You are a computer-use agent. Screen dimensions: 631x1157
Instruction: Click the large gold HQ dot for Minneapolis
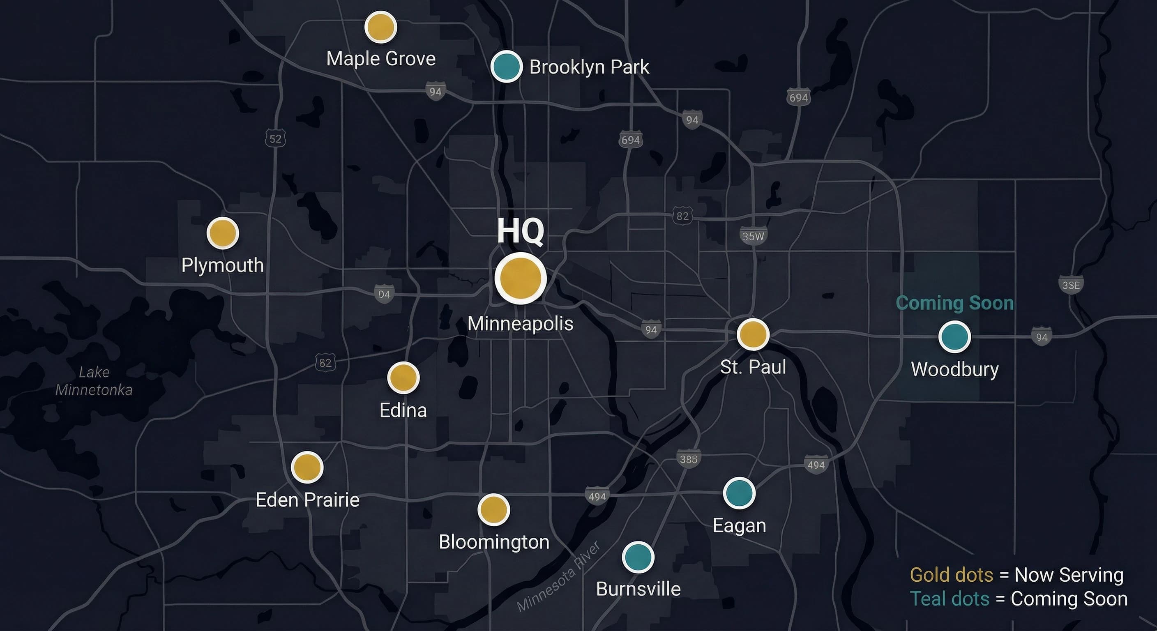[520, 278]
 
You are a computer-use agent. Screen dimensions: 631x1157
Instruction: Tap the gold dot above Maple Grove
[380, 27]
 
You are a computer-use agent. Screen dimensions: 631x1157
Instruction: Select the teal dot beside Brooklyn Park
[506, 67]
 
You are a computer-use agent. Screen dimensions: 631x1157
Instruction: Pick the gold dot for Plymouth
[222, 233]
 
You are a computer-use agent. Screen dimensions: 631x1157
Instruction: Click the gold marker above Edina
[403, 378]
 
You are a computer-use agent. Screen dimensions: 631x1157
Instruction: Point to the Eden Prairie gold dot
[307, 467]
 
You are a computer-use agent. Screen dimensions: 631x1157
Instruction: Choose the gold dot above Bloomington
[493, 510]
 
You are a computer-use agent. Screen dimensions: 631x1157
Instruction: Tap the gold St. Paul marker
[753, 334]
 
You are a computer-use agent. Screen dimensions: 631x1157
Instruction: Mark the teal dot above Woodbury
[954, 336]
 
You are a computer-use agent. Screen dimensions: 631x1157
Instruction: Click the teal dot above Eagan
[739, 493]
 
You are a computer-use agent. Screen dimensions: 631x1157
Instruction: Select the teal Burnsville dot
[638, 557]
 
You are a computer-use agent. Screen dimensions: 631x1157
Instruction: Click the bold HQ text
[520, 231]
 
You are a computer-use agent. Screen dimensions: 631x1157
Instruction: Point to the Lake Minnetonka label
[94, 381]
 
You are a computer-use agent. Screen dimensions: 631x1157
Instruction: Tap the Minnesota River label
[558, 577]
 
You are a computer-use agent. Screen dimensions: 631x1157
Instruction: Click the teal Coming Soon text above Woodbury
[955, 303]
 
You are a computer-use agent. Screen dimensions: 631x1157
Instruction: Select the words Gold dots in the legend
[951, 575]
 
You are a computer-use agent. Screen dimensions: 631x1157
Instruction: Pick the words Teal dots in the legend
[950, 599]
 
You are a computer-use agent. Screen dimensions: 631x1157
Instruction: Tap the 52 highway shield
[275, 139]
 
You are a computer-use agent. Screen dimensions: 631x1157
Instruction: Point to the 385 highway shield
[689, 459]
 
